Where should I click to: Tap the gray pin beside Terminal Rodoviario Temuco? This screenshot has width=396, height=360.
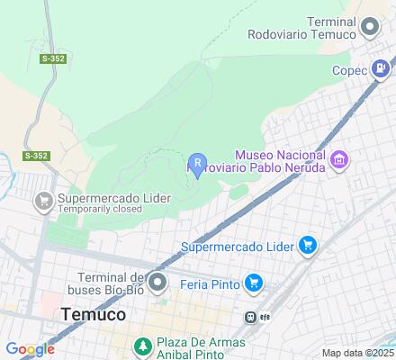369,28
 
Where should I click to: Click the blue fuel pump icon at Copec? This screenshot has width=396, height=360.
382,68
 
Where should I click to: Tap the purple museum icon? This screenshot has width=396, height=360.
339,160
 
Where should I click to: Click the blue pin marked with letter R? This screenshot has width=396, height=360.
197,163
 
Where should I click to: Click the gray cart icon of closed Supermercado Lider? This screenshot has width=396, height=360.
42,202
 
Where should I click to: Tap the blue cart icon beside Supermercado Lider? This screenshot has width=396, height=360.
308,245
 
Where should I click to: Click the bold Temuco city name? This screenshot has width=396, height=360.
93,315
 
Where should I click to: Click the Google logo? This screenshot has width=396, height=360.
30,349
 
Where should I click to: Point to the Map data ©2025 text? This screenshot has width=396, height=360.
358,353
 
